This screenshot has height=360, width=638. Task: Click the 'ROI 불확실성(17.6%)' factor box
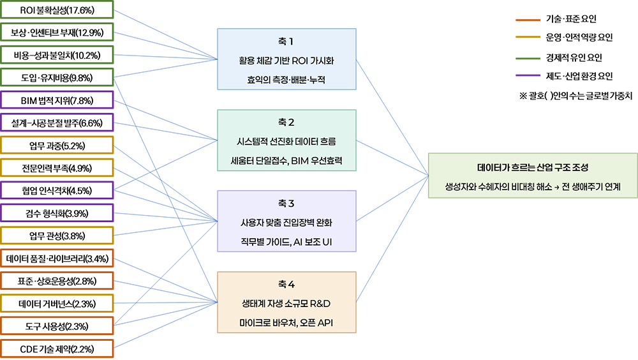(x=57, y=10)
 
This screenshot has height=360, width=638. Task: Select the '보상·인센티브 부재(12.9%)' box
(x=57, y=33)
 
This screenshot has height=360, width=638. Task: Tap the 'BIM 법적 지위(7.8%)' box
(x=57, y=100)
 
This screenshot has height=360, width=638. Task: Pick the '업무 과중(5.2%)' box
(x=57, y=146)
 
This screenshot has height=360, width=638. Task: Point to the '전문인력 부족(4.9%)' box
(x=57, y=168)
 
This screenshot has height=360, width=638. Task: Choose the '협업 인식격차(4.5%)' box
(x=57, y=191)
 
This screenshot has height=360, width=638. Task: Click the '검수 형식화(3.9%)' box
(x=57, y=213)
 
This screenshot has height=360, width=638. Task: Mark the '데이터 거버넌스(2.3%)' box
(x=57, y=303)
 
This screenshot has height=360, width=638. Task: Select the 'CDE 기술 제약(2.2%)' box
(x=57, y=349)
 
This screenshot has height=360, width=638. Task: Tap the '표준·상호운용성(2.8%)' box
(x=57, y=281)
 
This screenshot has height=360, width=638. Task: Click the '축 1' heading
(x=286, y=41)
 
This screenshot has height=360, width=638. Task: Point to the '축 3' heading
(x=286, y=203)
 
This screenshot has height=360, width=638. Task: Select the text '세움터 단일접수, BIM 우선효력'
(x=286, y=160)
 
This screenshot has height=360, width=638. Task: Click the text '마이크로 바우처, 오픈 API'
(x=286, y=322)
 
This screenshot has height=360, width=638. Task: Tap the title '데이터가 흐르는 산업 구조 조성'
(x=533, y=167)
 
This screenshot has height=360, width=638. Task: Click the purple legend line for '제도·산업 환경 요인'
(x=528, y=76)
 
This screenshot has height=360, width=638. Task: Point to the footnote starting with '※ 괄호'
(x=575, y=96)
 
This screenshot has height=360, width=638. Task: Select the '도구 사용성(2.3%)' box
(x=57, y=326)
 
